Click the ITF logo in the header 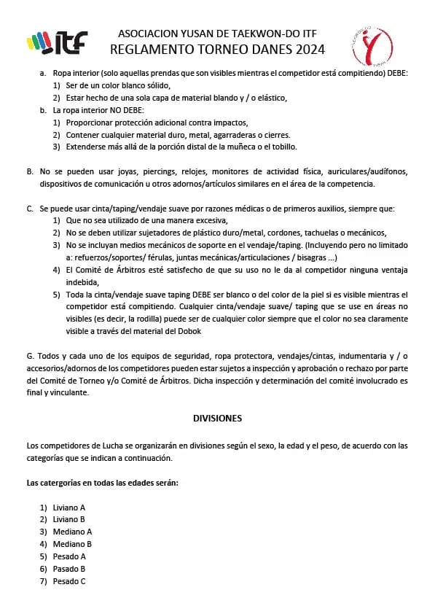pyautogui.click(x=57, y=42)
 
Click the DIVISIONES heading pyautogui.click(x=217, y=419)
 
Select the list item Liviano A pyautogui.click(x=69, y=507)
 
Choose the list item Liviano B pyautogui.click(x=69, y=519)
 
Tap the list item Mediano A pyautogui.click(x=72, y=532)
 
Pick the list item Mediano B pyautogui.click(x=72, y=544)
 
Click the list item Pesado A pyautogui.click(x=69, y=556)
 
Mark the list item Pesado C pyautogui.click(x=69, y=581)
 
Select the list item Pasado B pyautogui.click(x=69, y=569)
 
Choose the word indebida pyautogui.click(x=81, y=281)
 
